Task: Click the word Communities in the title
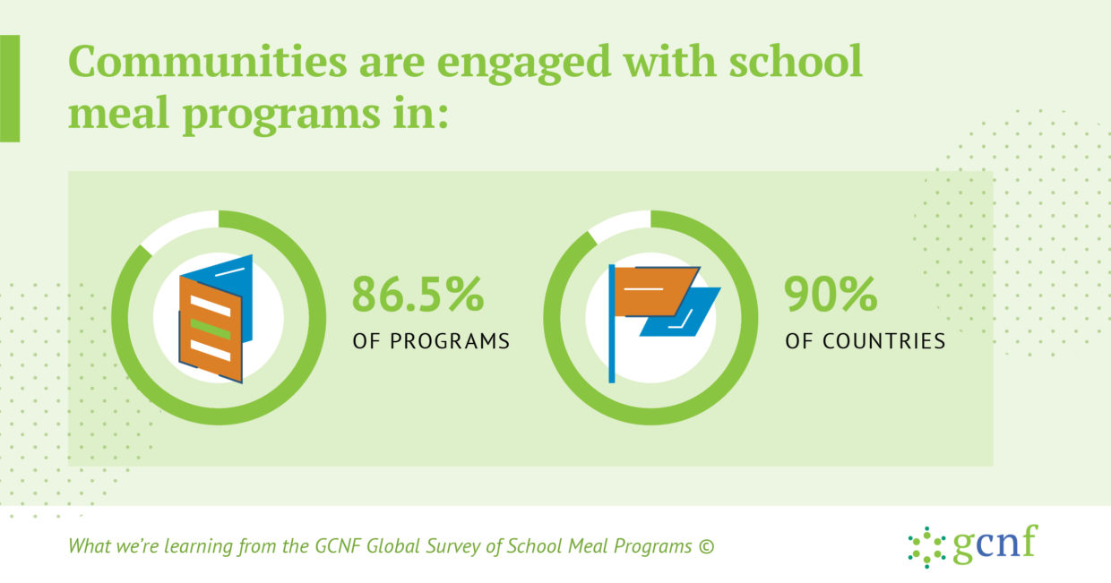[207, 61]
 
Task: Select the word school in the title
[795, 61]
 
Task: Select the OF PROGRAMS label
[431, 341]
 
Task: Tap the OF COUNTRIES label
[865, 341]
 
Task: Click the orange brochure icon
[211, 330]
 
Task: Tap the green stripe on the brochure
[211, 330]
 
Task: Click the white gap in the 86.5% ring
[179, 229]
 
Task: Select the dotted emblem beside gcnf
[926, 547]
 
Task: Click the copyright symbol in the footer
[706, 547]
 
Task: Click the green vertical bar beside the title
[10, 89]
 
